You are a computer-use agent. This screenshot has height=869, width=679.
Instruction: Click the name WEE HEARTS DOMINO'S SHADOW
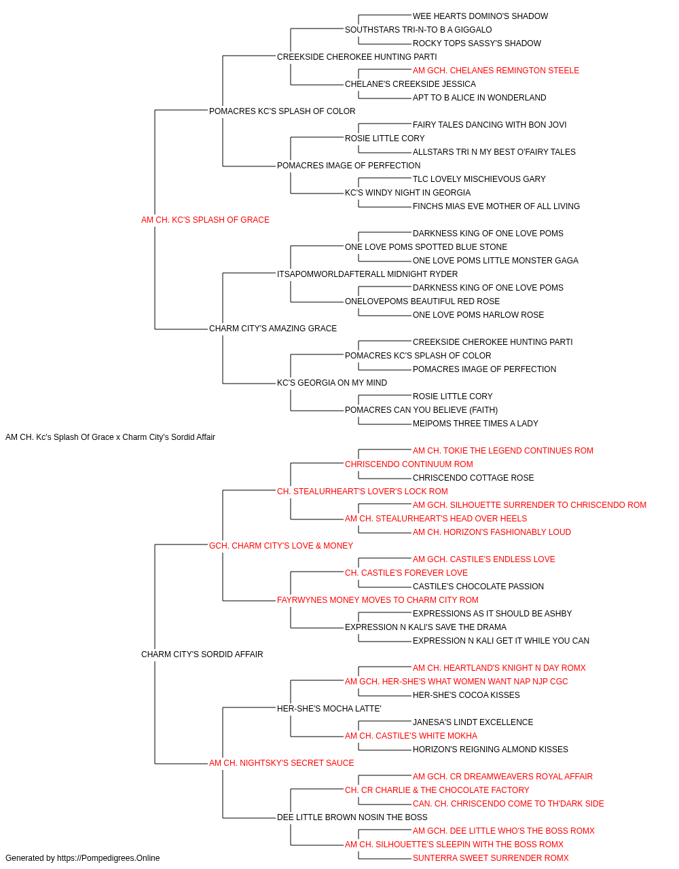[x=480, y=16]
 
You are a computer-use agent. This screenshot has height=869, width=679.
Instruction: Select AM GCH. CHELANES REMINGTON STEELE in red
[x=496, y=71]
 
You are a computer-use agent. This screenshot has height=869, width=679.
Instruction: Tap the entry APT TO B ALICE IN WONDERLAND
[x=479, y=98]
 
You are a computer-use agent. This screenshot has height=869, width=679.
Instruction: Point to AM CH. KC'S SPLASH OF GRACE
[x=205, y=220]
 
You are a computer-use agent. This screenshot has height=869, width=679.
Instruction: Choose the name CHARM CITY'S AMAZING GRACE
[x=273, y=329]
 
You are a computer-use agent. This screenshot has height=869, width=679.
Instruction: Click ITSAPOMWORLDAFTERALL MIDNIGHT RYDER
[x=367, y=274]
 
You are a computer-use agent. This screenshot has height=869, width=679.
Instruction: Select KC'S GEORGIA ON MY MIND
[x=332, y=383]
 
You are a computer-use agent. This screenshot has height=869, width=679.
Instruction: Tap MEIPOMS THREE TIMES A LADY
[x=475, y=424]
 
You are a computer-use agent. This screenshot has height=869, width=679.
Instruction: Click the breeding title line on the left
[x=110, y=437]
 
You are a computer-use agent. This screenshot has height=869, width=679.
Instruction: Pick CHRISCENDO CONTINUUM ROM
[x=409, y=464]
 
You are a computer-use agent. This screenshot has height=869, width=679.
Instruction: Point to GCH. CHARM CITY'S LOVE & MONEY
[x=281, y=546]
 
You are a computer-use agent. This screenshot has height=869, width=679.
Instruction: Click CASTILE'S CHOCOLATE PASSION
[x=478, y=587]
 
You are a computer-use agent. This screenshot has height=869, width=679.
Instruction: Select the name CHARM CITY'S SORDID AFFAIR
[x=202, y=654]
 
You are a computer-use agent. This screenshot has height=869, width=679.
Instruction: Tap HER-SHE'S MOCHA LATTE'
[x=329, y=709]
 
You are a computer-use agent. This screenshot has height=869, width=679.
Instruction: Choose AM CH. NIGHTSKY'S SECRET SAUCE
[x=281, y=763]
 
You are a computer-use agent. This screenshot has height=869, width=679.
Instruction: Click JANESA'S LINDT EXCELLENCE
[x=473, y=722]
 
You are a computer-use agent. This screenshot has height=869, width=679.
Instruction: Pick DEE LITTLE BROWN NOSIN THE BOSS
[x=352, y=817]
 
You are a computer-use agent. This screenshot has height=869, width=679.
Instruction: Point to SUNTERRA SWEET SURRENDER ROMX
[x=491, y=858]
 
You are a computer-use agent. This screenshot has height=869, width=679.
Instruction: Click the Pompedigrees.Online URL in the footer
[x=109, y=858]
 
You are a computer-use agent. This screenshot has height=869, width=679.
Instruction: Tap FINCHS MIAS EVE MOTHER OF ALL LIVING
[x=496, y=206]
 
